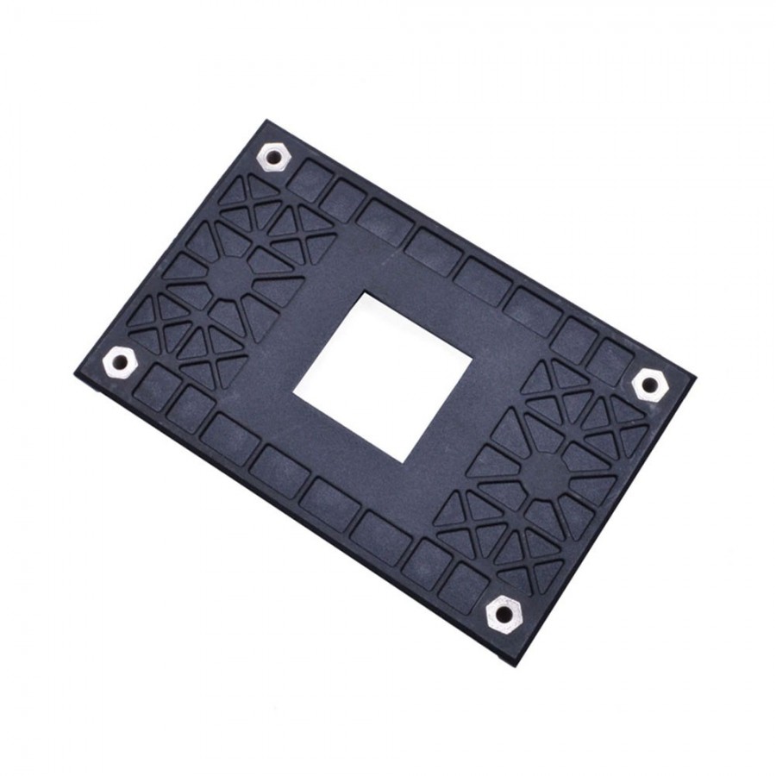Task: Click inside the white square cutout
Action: (383, 377)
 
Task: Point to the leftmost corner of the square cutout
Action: (293, 397)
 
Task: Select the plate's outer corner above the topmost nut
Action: (263, 120)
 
